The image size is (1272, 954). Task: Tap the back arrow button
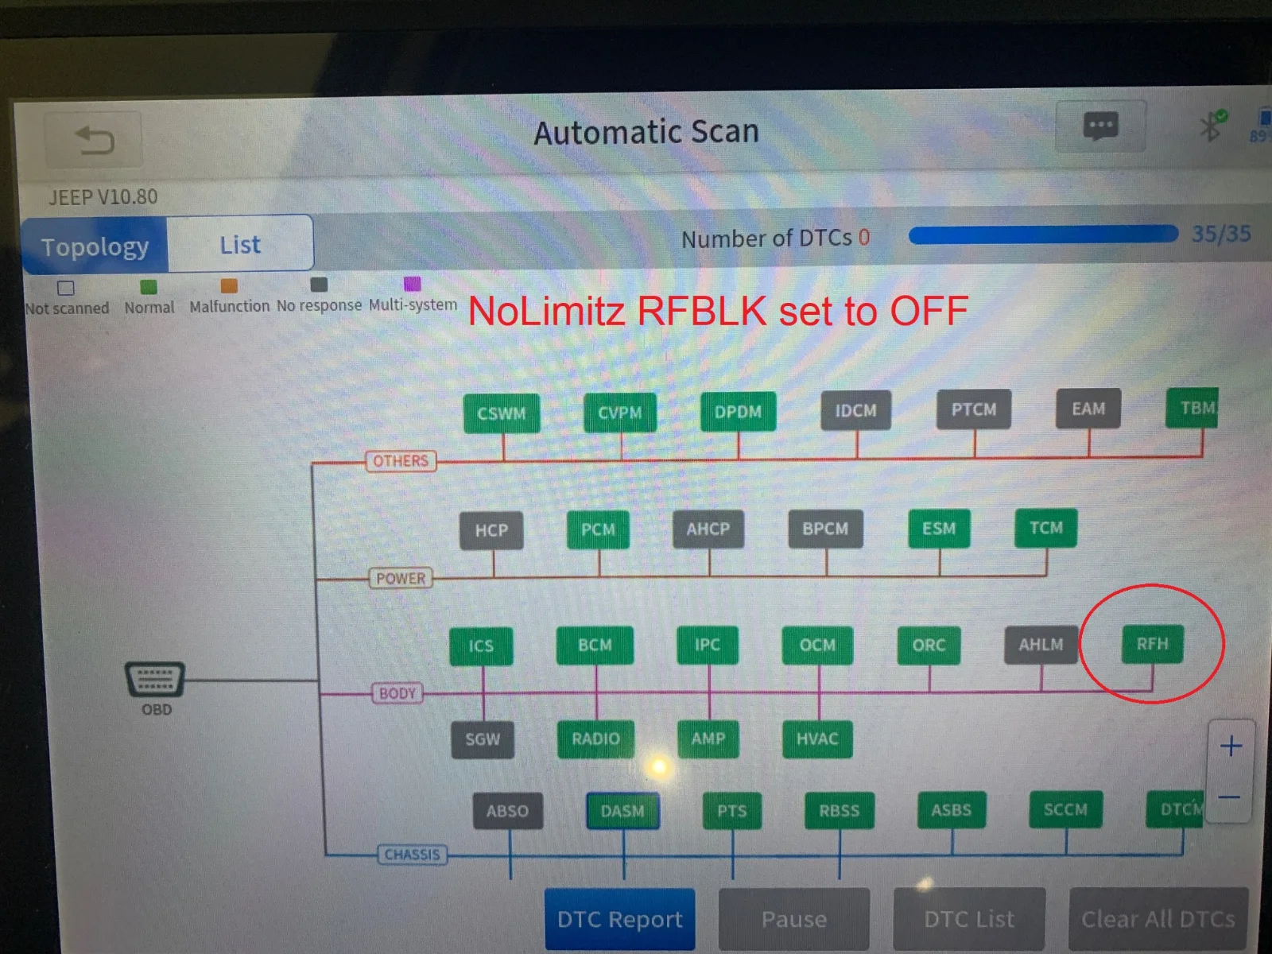point(93,140)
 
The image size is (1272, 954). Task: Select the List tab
point(240,244)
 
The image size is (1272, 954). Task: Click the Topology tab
point(95,246)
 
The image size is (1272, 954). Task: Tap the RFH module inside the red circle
point(1151,643)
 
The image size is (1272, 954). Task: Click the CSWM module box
point(502,413)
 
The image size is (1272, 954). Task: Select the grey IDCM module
point(855,411)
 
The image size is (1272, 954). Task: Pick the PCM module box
point(598,529)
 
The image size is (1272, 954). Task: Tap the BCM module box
point(595,646)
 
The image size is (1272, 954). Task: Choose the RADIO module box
point(595,739)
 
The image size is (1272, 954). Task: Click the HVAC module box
point(817,739)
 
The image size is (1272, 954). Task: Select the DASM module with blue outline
point(622,810)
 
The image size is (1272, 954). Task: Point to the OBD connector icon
point(155,678)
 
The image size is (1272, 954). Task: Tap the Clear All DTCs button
point(1158,919)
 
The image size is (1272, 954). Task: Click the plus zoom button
point(1231,746)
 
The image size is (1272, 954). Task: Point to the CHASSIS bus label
point(412,855)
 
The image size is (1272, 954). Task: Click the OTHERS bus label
point(401,461)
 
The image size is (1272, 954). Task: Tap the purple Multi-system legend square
point(412,284)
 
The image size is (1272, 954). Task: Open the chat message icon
point(1100,126)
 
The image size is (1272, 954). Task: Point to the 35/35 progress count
point(1221,234)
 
